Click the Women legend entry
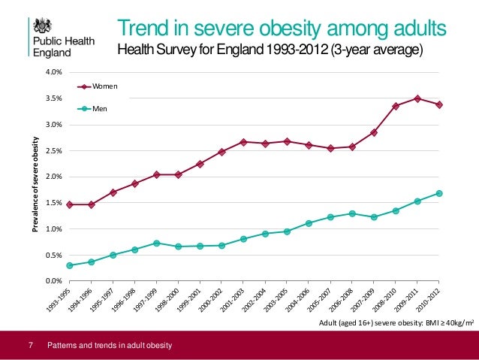105,86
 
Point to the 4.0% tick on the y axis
52,73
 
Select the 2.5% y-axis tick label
52,151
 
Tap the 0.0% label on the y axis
52,281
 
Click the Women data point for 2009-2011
417,98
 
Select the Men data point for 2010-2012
439,193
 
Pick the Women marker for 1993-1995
69,204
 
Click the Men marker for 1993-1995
69,265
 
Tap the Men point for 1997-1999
156,243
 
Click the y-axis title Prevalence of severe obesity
35,177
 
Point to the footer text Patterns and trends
110,346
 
